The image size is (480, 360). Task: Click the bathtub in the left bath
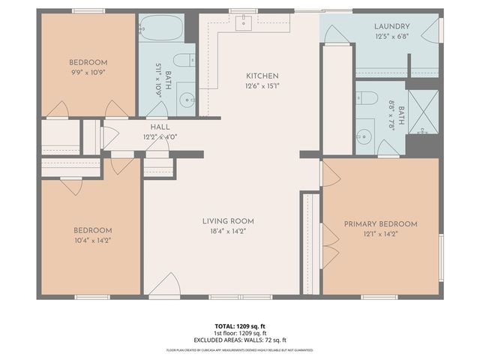[x=160, y=28]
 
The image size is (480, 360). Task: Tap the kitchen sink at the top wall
[x=244, y=22]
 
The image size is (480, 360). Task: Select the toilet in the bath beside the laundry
[x=366, y=97]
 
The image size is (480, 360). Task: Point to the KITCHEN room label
[x=262, y=76]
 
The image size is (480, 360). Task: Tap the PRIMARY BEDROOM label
[x=380, y=224]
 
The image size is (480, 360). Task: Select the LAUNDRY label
[x=392, y=26]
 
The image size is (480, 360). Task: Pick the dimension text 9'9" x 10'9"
[x=88, y=72]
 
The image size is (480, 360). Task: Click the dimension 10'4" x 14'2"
[x=92, y=240]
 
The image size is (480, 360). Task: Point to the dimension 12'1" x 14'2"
[x=380, y=234]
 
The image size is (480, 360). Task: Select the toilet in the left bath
[x=182, y=60]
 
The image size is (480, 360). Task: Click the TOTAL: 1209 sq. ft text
[x=240, y=326]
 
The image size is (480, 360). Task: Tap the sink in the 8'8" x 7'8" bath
[x=364, y=136]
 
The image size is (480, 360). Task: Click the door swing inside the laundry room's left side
[x=335, y=34]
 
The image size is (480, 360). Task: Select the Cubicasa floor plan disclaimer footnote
[x=240, y=349]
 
